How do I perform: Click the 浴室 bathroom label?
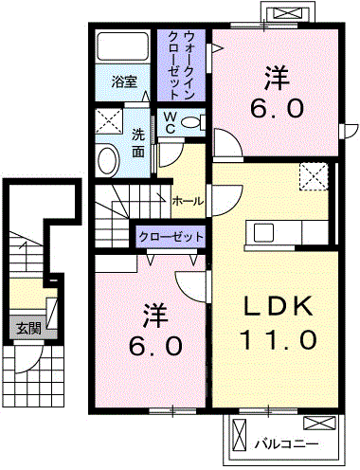point(124,82)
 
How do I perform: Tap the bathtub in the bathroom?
point(123,46)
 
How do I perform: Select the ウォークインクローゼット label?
point(180,65)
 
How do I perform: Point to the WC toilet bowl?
point(190,122)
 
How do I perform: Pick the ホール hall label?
point(188,201)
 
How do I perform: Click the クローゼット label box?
point(171,237)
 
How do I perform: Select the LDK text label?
point(279,306)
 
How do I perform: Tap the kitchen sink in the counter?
point(264,232)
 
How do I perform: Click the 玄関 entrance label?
point(28,329)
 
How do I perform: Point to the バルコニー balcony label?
point(286,444)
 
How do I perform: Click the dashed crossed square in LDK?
point(314,176)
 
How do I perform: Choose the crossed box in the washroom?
point(109,121)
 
